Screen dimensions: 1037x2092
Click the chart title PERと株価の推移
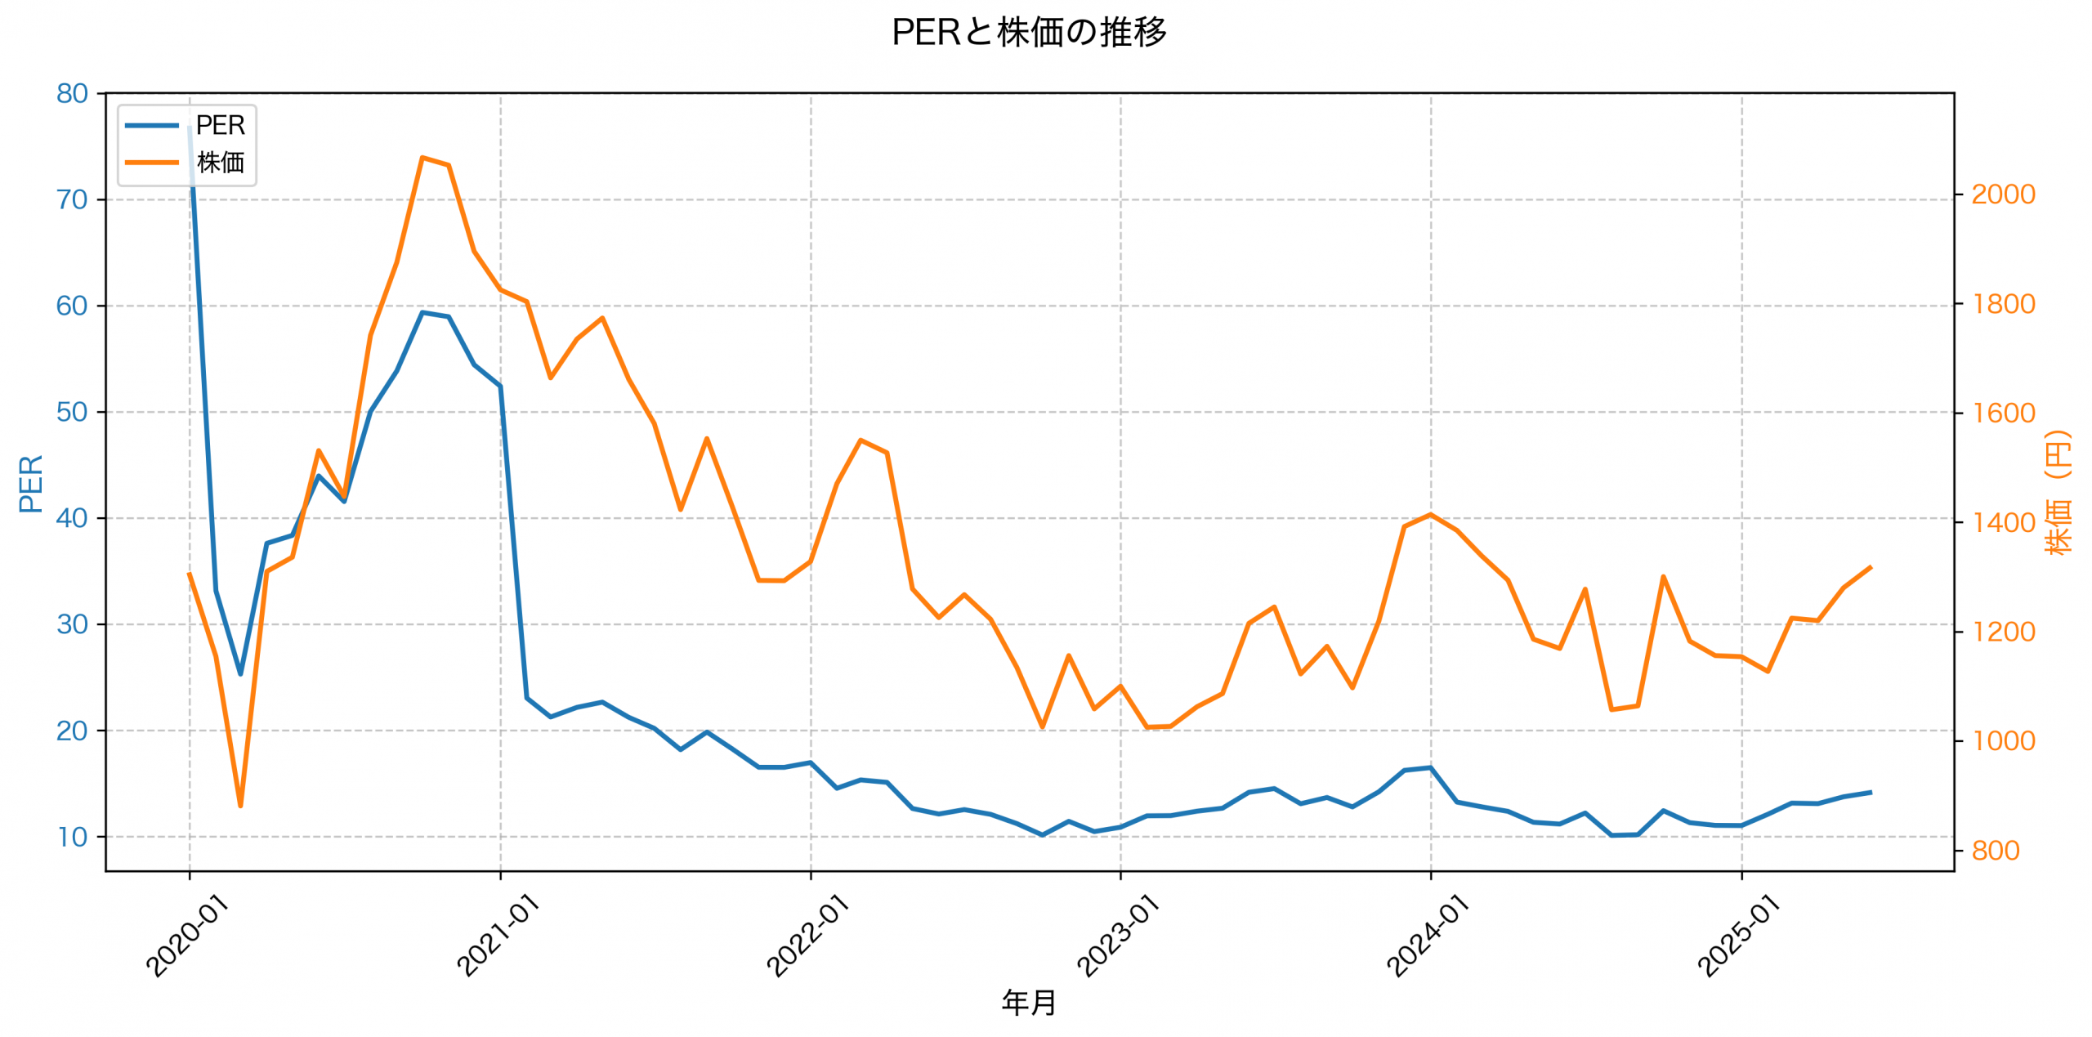[x=1029, y=33]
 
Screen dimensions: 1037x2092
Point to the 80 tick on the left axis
[x=72, y=94]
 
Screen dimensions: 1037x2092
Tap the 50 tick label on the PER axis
[x=72, y=412]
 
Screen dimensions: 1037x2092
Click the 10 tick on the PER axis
[x=72, y=837]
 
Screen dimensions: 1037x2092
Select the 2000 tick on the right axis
[x=2003, y=194]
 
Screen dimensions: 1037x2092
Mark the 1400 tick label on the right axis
[x=2003, y=522]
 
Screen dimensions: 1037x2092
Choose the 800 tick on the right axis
[x=1995, y=851]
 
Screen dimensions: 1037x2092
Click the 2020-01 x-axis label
[x=187, y=936]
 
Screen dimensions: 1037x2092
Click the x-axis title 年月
[x=1029, y=1003]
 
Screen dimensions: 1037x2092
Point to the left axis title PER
[x=31, y=484]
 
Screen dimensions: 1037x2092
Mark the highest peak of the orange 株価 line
[x=422, y=157]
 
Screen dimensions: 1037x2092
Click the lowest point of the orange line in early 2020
[x=240, y=806]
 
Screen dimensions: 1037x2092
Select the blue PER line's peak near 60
[x=422, y=312]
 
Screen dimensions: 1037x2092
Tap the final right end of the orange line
[x=1871, y=566]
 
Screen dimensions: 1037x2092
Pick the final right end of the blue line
[x=1871, y=792]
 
